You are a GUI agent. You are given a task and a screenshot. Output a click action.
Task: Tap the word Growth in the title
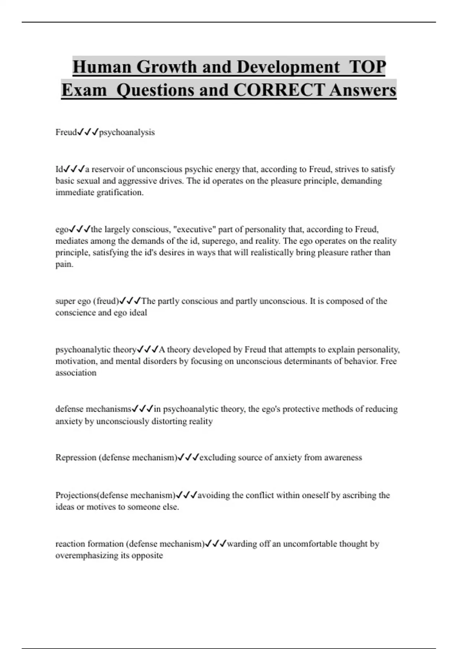[x=167, y=67]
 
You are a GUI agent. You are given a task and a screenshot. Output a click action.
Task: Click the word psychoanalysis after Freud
[x=127, y=132]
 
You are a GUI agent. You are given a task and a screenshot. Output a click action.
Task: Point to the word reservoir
[x=109, y=169]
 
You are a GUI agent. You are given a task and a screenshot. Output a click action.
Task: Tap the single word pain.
[x=64, y=264]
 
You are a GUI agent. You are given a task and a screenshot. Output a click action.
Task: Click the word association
[x=76, y=373]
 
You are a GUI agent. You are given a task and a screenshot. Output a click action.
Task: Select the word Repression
[x=76, y=457]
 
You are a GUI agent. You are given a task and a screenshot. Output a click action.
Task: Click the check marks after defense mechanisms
[x=143, y=409]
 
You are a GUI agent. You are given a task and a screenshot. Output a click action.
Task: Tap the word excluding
[x=217, y=457]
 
